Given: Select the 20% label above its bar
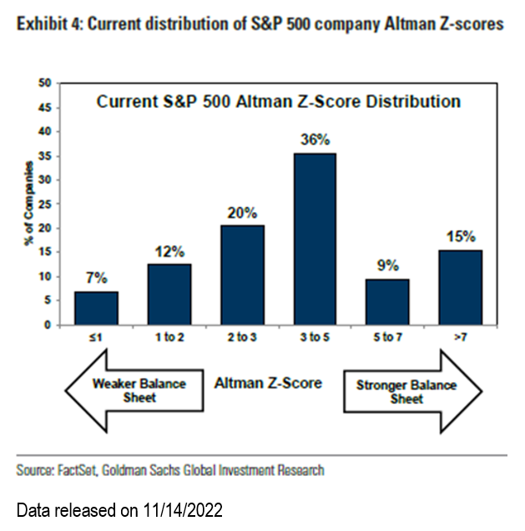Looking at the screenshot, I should tap(243, 213).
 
